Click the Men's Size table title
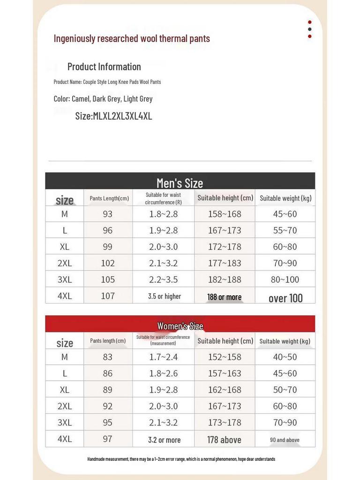(x=180, y=183)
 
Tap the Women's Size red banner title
(x=180, y=326)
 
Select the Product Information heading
(x=104, y=67)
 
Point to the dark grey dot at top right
(x=310, y=29)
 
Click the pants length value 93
(x=108, y=214)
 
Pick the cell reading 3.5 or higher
(x=164, y=296)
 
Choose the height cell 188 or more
(x=225, y=297)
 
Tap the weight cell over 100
(x=285, y=298)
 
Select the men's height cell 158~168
(x=225, y=214)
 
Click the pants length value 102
(x=108, y=263)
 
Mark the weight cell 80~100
(x=285, y=279)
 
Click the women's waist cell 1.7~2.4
(x=164, y=357)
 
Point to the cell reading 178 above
(x=225, y=440)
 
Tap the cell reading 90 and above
(x=285, y=440)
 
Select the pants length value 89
(x=108, y=390)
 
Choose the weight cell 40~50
(x=285, y=357)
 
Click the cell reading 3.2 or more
(x=164, y=440)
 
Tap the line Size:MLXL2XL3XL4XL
(x=113, y=116)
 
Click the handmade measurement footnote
(x=181, y=459)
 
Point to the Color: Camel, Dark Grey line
(x=103, y=99)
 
